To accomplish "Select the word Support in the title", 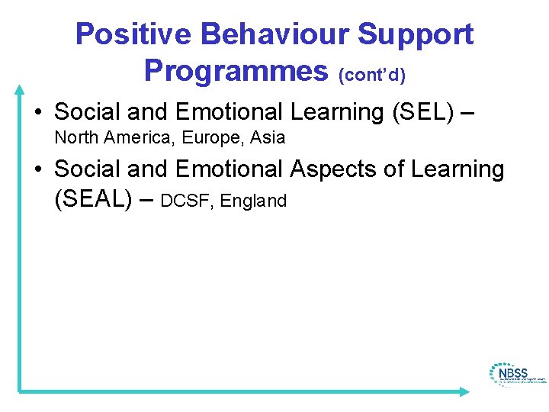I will (x=417, y=34).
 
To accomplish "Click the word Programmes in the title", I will (x=235, y=70).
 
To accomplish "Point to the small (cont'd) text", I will (x=371, y=75).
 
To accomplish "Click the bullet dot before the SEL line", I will (x=37, y=113).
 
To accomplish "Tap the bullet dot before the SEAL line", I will (x=37, y=169).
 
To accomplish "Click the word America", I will (x=135, y=138).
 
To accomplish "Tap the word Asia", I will (x=267, y=138).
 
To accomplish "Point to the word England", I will (x=253, y=201).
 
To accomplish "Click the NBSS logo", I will (x=516, y=374).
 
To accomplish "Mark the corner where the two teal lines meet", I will (x=20, y=391).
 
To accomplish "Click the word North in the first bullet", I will (x=75, y=138).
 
